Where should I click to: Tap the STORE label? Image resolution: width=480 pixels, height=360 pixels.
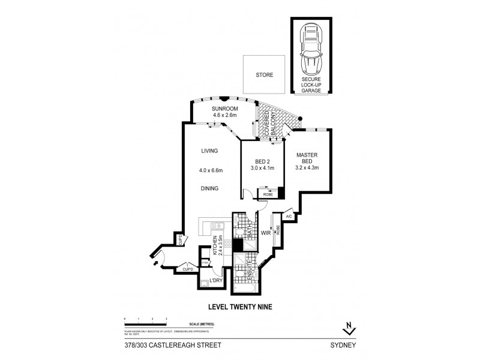264,76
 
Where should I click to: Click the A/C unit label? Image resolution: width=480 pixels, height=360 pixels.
288,216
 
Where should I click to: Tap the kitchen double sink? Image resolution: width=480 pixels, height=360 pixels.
218,226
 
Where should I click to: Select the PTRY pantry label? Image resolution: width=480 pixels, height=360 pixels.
205,262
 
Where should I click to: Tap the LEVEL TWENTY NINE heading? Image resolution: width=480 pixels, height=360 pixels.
239,306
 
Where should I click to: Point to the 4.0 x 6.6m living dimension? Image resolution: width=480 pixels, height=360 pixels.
211,170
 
